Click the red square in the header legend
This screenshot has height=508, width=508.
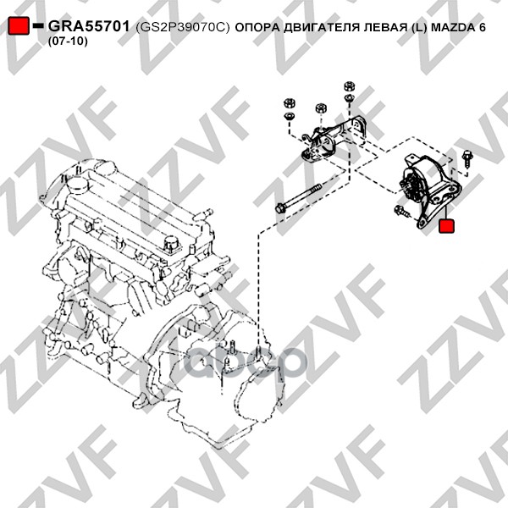tap(19, 25)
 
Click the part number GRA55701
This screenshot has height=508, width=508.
tap(89, 26)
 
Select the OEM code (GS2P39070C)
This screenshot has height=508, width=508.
tap(183, 28)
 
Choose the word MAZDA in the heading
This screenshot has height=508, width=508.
tap(452, 27)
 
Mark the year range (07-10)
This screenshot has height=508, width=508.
tap(68, 41)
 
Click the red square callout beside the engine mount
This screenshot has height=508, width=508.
tap(446, 226)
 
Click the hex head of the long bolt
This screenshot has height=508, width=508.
tap(279, 208)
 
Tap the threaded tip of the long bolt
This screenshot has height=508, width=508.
tap(317, 188)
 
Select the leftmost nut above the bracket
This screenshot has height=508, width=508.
tap(289, 103)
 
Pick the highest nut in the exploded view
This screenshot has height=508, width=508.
tap(349, 86)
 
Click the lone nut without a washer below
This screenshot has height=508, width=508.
tap(320, 108)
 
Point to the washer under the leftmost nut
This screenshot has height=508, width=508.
tap(289, 116)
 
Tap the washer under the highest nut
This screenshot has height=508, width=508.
tap(349, 97)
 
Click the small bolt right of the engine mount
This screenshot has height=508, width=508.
tap(467, 158)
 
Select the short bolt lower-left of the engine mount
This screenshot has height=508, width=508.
tap(401, 211)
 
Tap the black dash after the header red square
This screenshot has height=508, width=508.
tap(38, 25)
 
